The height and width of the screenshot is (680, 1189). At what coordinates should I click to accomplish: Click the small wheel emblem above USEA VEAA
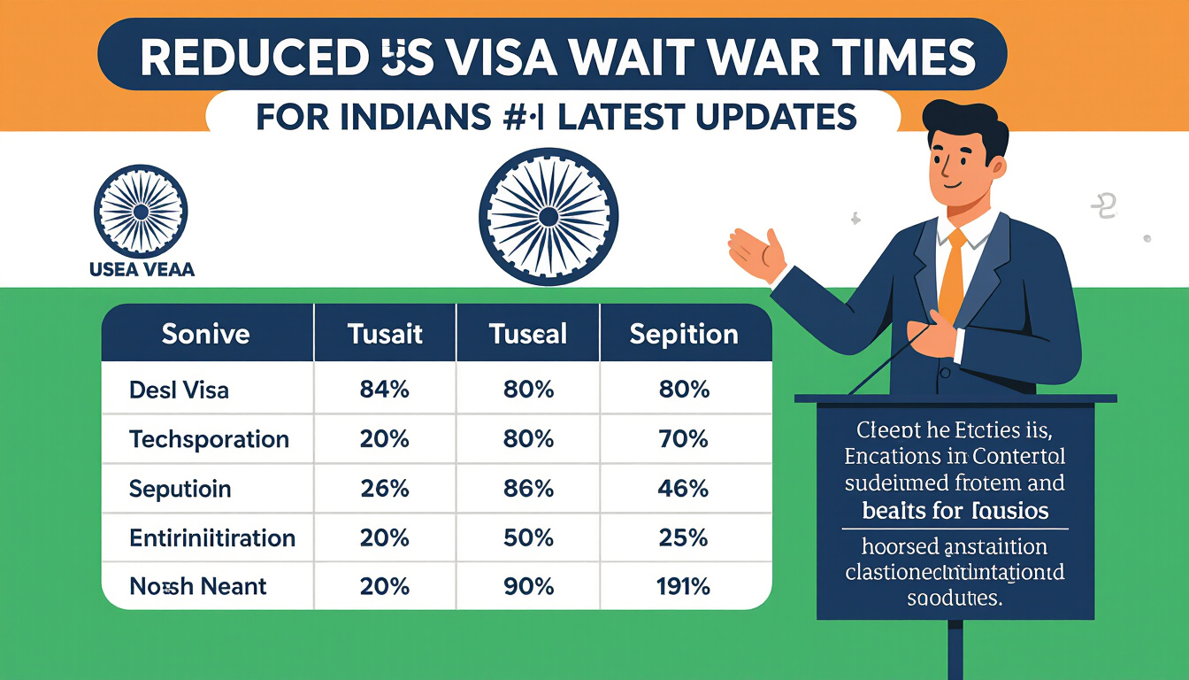[140, 211]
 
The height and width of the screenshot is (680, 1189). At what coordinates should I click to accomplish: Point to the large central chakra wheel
[548, 217]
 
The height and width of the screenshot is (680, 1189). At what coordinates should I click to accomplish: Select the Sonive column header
[205, 334]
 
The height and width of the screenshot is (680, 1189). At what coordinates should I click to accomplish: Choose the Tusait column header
[385, 334]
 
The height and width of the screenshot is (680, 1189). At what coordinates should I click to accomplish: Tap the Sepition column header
[684, 334]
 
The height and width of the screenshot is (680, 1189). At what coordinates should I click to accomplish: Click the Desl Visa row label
[178, 390]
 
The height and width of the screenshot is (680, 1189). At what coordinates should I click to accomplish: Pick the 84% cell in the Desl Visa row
[385, 390]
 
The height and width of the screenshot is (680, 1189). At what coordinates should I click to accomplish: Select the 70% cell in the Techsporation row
[684, 439]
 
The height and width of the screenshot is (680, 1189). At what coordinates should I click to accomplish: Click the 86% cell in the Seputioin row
[528, 488]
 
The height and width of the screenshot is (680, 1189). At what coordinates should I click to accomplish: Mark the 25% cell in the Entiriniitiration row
[684, 537]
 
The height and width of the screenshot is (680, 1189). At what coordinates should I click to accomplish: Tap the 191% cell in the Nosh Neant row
[684, 586]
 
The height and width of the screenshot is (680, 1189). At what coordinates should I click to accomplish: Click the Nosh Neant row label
[197, 586]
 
